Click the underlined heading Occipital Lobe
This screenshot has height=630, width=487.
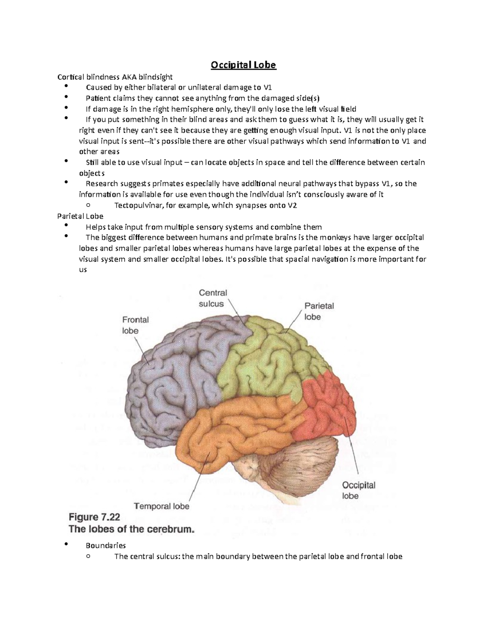pyautogui.click(x=243, y=65)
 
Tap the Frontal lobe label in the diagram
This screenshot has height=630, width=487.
pyautogui.click(x=135, y=325)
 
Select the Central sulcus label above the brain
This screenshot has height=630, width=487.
pyautogui.click(x=213, y=298)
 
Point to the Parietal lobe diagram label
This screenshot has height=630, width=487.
pyautogui.click(x=319, y=311)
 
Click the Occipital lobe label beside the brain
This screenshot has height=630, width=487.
pyautogui.click(x=358, y=490)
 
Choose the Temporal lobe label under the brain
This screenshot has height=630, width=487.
pyautogui.click(x=162, y=506)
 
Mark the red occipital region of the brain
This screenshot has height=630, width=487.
pyautogui.click(x=329, y=410)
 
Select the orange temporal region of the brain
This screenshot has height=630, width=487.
pyautogui.click(x=235, y=426)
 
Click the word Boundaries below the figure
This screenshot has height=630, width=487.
pyautogui.click(x=106, y=546)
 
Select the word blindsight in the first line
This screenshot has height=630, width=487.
pyautogui.click(x=156, y=77)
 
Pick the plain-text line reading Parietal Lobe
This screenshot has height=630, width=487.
pyautogui.click(x=80, y=216)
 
